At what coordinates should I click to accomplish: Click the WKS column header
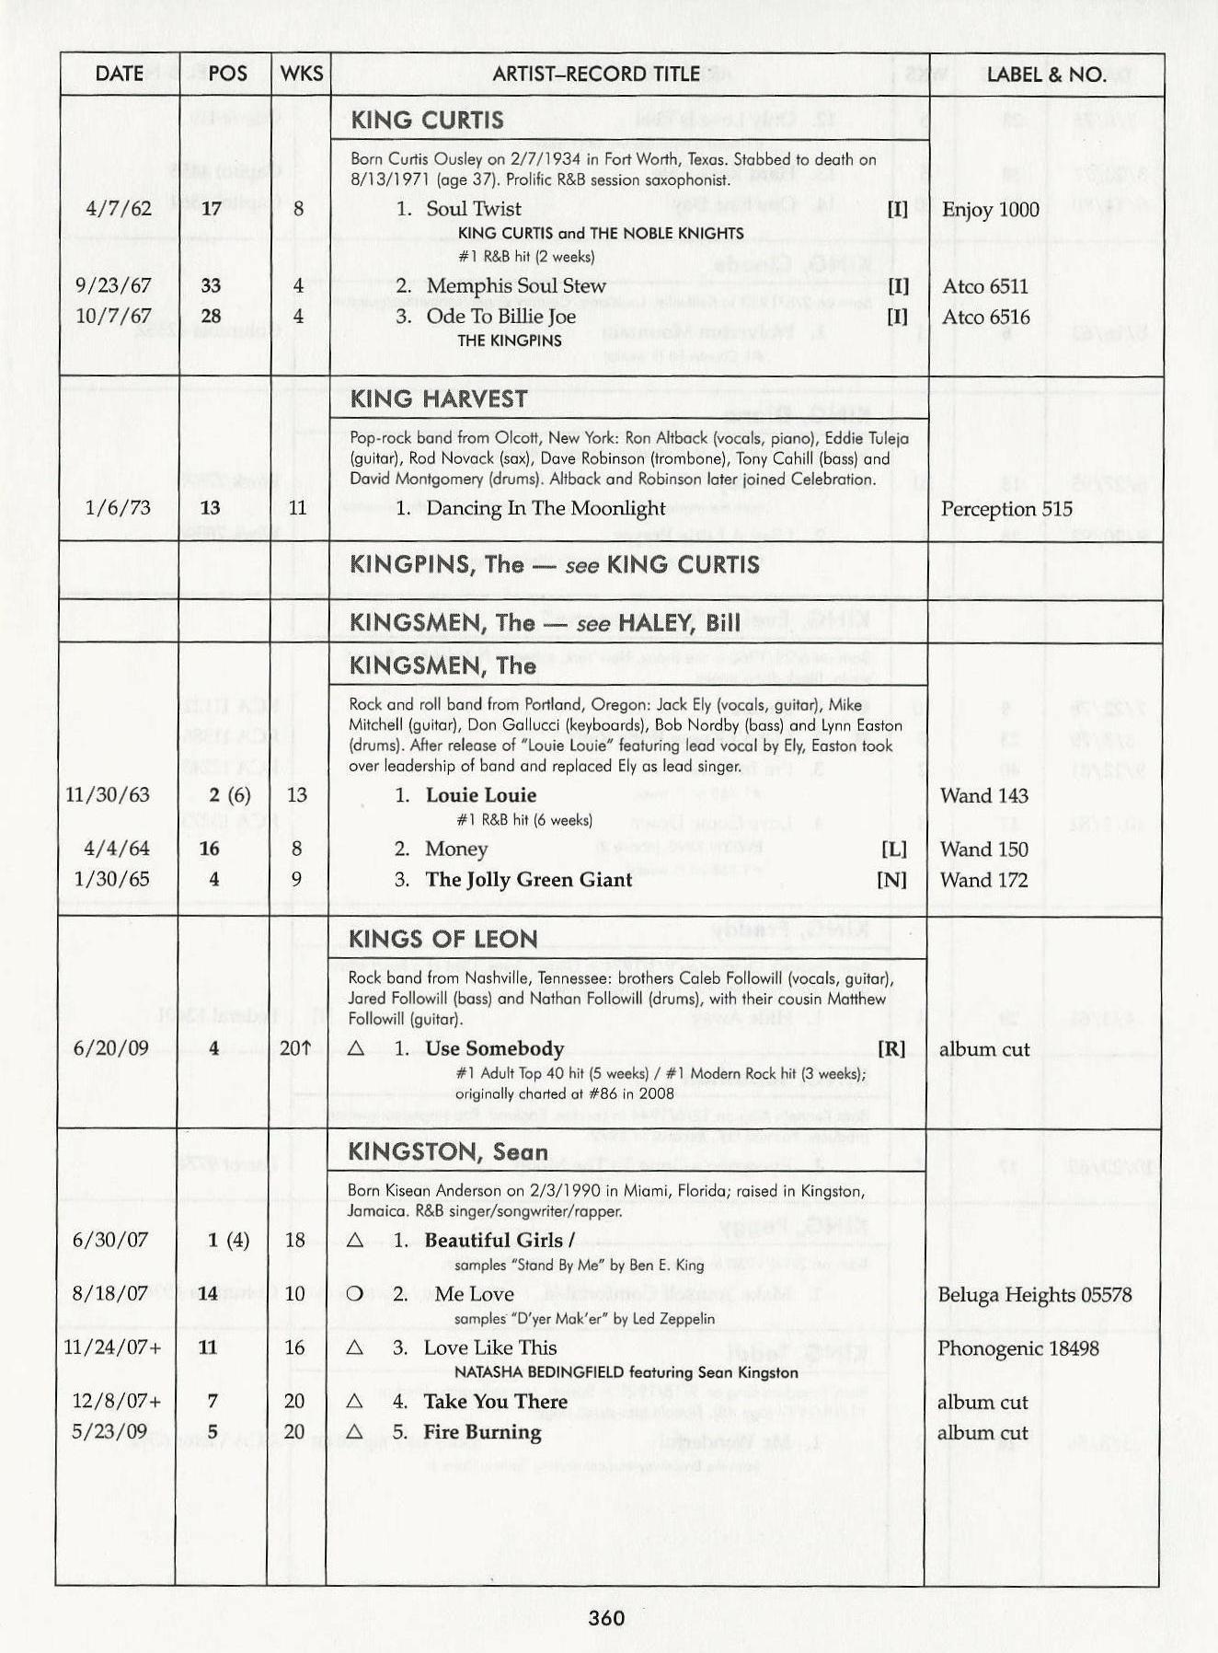pos(301,74)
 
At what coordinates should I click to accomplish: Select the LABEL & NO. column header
pos(1046,75)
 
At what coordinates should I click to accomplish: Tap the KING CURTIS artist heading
pos(427,121)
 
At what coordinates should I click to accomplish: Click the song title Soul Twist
pos(473,209)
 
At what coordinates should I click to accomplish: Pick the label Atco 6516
pos(985,318)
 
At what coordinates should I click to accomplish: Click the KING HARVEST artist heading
pos(438,399)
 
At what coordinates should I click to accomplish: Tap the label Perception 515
pos(1006,509)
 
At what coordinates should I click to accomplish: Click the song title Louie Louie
pos(480,795)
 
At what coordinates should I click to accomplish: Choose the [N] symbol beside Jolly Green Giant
pos(891,880)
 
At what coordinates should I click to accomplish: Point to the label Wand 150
pos(983,850)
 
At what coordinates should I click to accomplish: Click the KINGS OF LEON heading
pos(442,939)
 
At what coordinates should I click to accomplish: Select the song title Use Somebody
pos(494,1049)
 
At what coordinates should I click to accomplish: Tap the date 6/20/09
pos(110,1049)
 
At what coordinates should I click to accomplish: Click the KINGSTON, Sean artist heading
pos(447,1152)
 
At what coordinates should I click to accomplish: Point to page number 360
pos(607,1618)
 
